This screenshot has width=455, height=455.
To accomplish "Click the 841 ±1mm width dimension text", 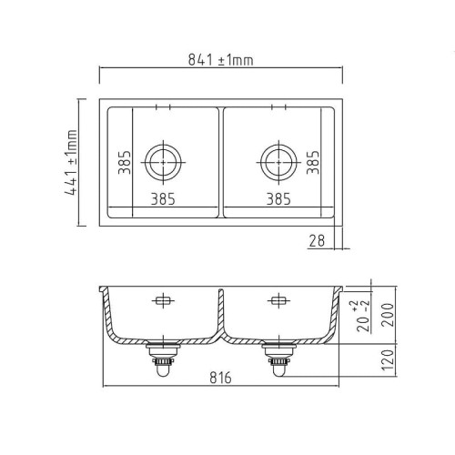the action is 220,60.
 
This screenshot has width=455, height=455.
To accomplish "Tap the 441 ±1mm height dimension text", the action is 71,162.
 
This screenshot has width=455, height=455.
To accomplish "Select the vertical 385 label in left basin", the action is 125,162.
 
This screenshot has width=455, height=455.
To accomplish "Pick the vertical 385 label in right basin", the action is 313,162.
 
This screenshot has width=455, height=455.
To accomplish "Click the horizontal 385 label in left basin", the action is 163,199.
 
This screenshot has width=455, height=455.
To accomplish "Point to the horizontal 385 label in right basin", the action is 278,199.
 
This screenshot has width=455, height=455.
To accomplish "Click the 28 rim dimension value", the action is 317,241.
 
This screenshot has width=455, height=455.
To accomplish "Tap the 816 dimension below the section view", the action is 220,378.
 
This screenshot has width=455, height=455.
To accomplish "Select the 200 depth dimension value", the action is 388,315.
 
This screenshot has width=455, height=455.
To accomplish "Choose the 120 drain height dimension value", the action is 388,360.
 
